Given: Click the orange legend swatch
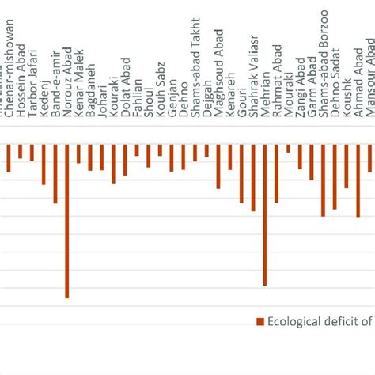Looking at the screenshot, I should coord(259,320).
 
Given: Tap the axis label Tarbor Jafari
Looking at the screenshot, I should coord(32,90).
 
